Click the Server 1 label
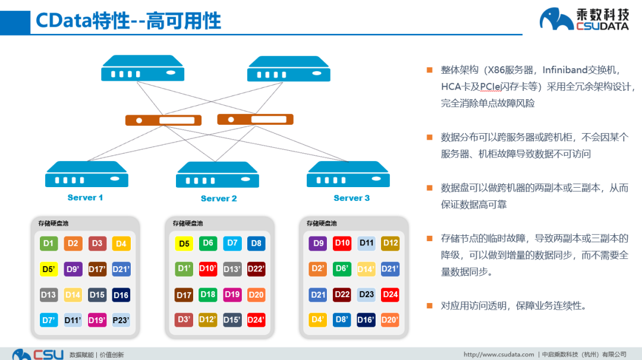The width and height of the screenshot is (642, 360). tap(85, 198)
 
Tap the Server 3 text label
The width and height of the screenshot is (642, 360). tap(351, 198)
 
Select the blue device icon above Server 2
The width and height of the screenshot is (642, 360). tap(218, 175)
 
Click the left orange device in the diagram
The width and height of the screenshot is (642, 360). tap(163, 120)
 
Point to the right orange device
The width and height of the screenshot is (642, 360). tap(255, 119)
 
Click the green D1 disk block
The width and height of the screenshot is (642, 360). tap(49, 244)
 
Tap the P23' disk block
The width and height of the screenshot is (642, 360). tap(121, 320)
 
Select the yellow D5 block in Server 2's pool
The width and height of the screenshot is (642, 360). tap(184, 244)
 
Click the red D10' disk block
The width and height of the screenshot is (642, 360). tap(207, 269)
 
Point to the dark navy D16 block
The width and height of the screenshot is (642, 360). tap(121, 295)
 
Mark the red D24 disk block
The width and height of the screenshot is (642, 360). tap(390, 295)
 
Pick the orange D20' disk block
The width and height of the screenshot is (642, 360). tap(390, 320)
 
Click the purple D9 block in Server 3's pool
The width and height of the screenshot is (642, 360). tap(318, 244)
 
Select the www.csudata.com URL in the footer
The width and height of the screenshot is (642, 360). tap(499, 355)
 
